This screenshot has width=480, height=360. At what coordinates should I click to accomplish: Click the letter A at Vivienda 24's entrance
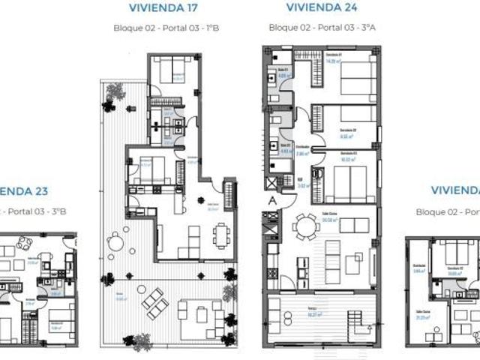[x=271, y=200]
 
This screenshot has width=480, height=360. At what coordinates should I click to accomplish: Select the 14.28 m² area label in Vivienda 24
[x=334, y=61]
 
